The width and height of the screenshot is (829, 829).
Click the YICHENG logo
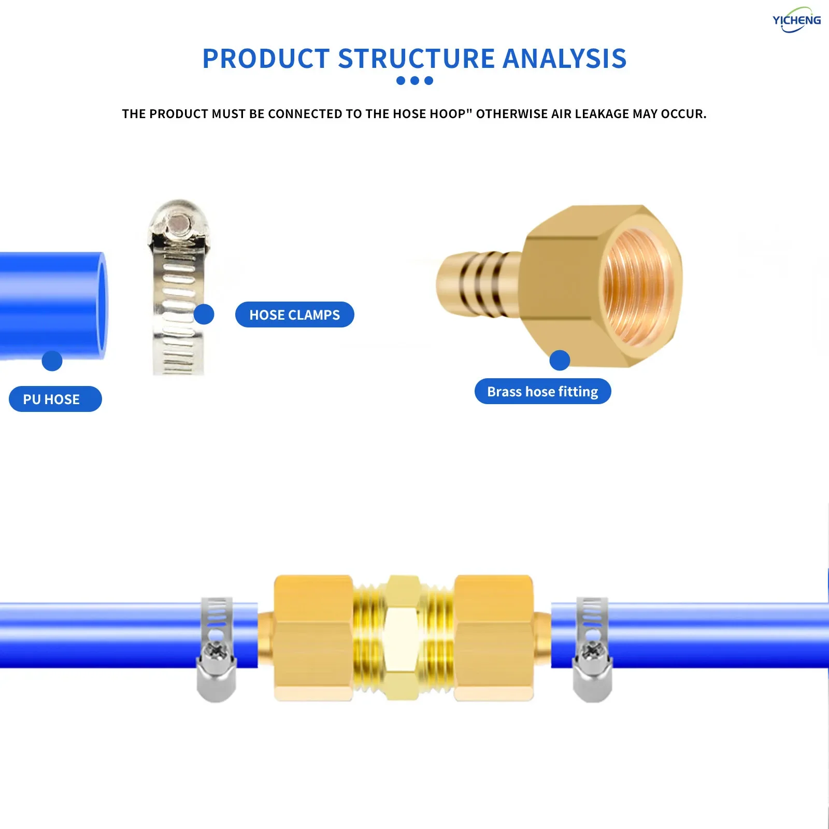point(796,20)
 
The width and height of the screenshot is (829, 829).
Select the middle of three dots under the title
point(414,80)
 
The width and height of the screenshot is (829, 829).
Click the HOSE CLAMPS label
point(294,315)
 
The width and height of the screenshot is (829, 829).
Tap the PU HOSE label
point(55,399)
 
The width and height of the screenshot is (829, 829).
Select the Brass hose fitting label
point(542,391)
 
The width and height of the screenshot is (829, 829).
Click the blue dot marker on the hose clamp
point(204,314)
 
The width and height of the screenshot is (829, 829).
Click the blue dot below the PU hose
point(52,361)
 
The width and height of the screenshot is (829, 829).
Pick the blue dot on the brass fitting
point(560,360)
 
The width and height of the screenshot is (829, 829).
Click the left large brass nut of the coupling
point(313,637)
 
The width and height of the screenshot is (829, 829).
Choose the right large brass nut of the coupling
point(493,637)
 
